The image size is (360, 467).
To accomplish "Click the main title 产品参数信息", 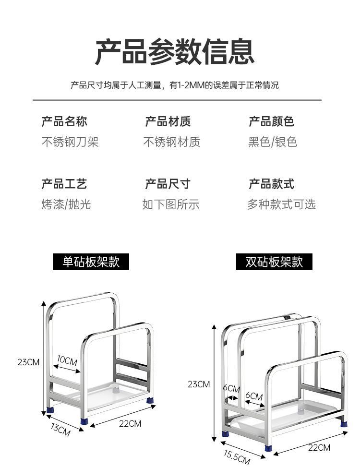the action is click(x=175, y=52).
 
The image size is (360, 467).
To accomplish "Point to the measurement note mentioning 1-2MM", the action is click(x=174, y=85).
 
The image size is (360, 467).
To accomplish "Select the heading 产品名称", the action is click(x=64, y=121).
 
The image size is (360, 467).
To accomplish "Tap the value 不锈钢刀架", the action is click(x=70, y=142).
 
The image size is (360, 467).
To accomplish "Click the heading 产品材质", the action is click(x=168, y=121).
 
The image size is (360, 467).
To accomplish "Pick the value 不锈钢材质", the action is click(x=171, y=142).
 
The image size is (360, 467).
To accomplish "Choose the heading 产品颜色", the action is click(x=271, y=121).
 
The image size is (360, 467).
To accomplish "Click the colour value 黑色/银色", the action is click(x=273, y=142).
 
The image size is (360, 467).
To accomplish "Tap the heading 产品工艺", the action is click(x=64, y=184).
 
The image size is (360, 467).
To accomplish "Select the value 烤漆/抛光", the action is click(x=66, y=204).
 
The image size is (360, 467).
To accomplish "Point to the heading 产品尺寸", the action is click(x=168, y=184).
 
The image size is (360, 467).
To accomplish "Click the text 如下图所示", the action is click(x=170, y=204).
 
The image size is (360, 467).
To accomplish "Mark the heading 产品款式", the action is click(x=271, y=184).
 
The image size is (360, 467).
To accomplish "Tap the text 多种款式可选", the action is click(x=281, y=204).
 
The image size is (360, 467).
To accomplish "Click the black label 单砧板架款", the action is click(x=91, y=262).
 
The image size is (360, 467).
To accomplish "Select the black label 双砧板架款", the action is click(x=274, y=262).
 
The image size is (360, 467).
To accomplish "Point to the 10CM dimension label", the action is click(x=67, y=359).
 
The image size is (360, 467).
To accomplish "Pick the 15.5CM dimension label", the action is click(x=237, y=456).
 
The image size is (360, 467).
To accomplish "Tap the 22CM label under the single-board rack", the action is click(x=130, y=423).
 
